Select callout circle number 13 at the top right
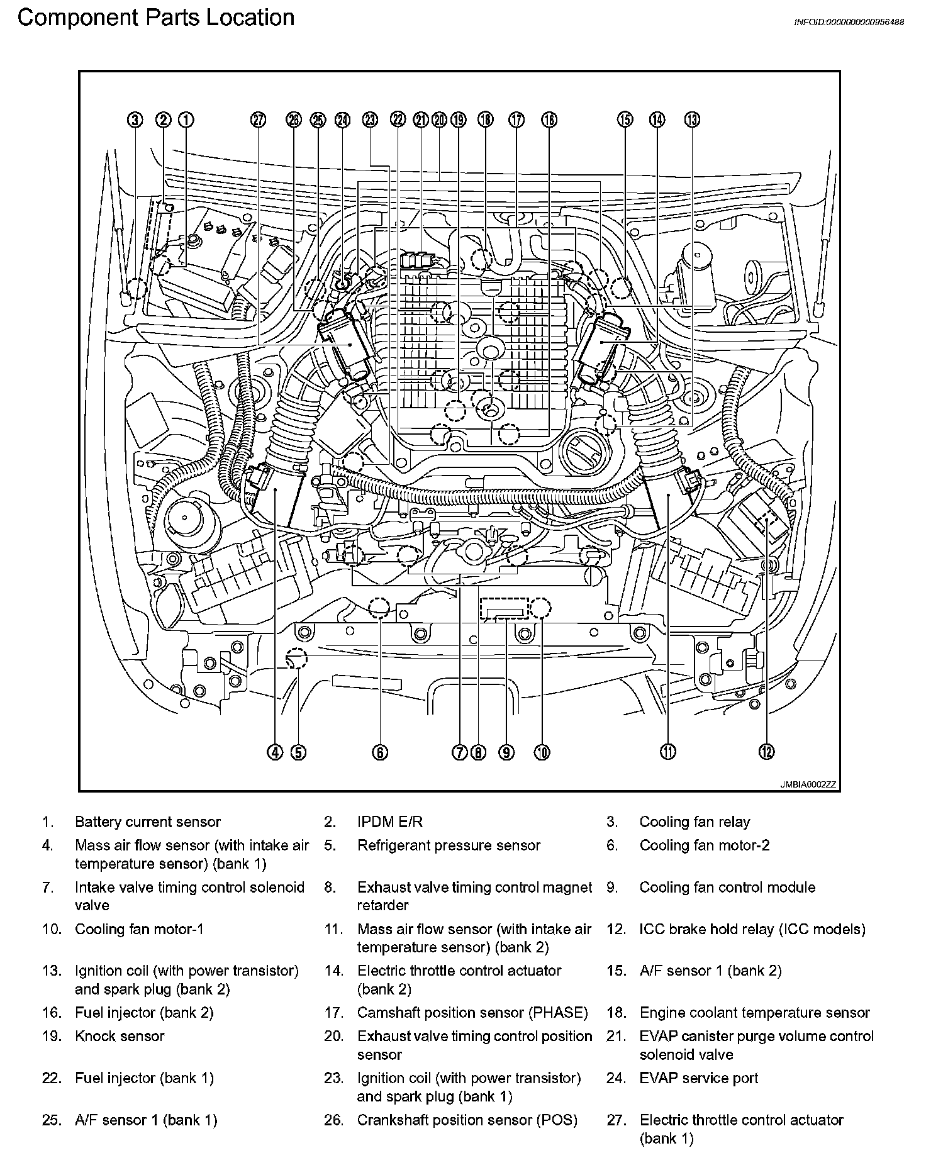point(692,120)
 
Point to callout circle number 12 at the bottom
point(766,752)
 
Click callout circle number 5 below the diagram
point(298,752)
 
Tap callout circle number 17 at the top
point(516,120)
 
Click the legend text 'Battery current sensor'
point(148,822)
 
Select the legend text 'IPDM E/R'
point(390,822)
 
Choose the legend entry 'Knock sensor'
point(120,1036)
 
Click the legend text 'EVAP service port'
point(698,1078)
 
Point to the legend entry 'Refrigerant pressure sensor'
point(449,845)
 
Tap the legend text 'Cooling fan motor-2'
point(705,845)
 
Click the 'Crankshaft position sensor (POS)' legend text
point(467,1120)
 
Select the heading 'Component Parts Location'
point(156,18)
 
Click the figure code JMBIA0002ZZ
point(808,784)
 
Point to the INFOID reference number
point(849,22)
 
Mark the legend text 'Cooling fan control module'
point(727,888)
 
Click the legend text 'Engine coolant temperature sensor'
point(754,1013)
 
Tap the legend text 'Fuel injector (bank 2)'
point(144,1013)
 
